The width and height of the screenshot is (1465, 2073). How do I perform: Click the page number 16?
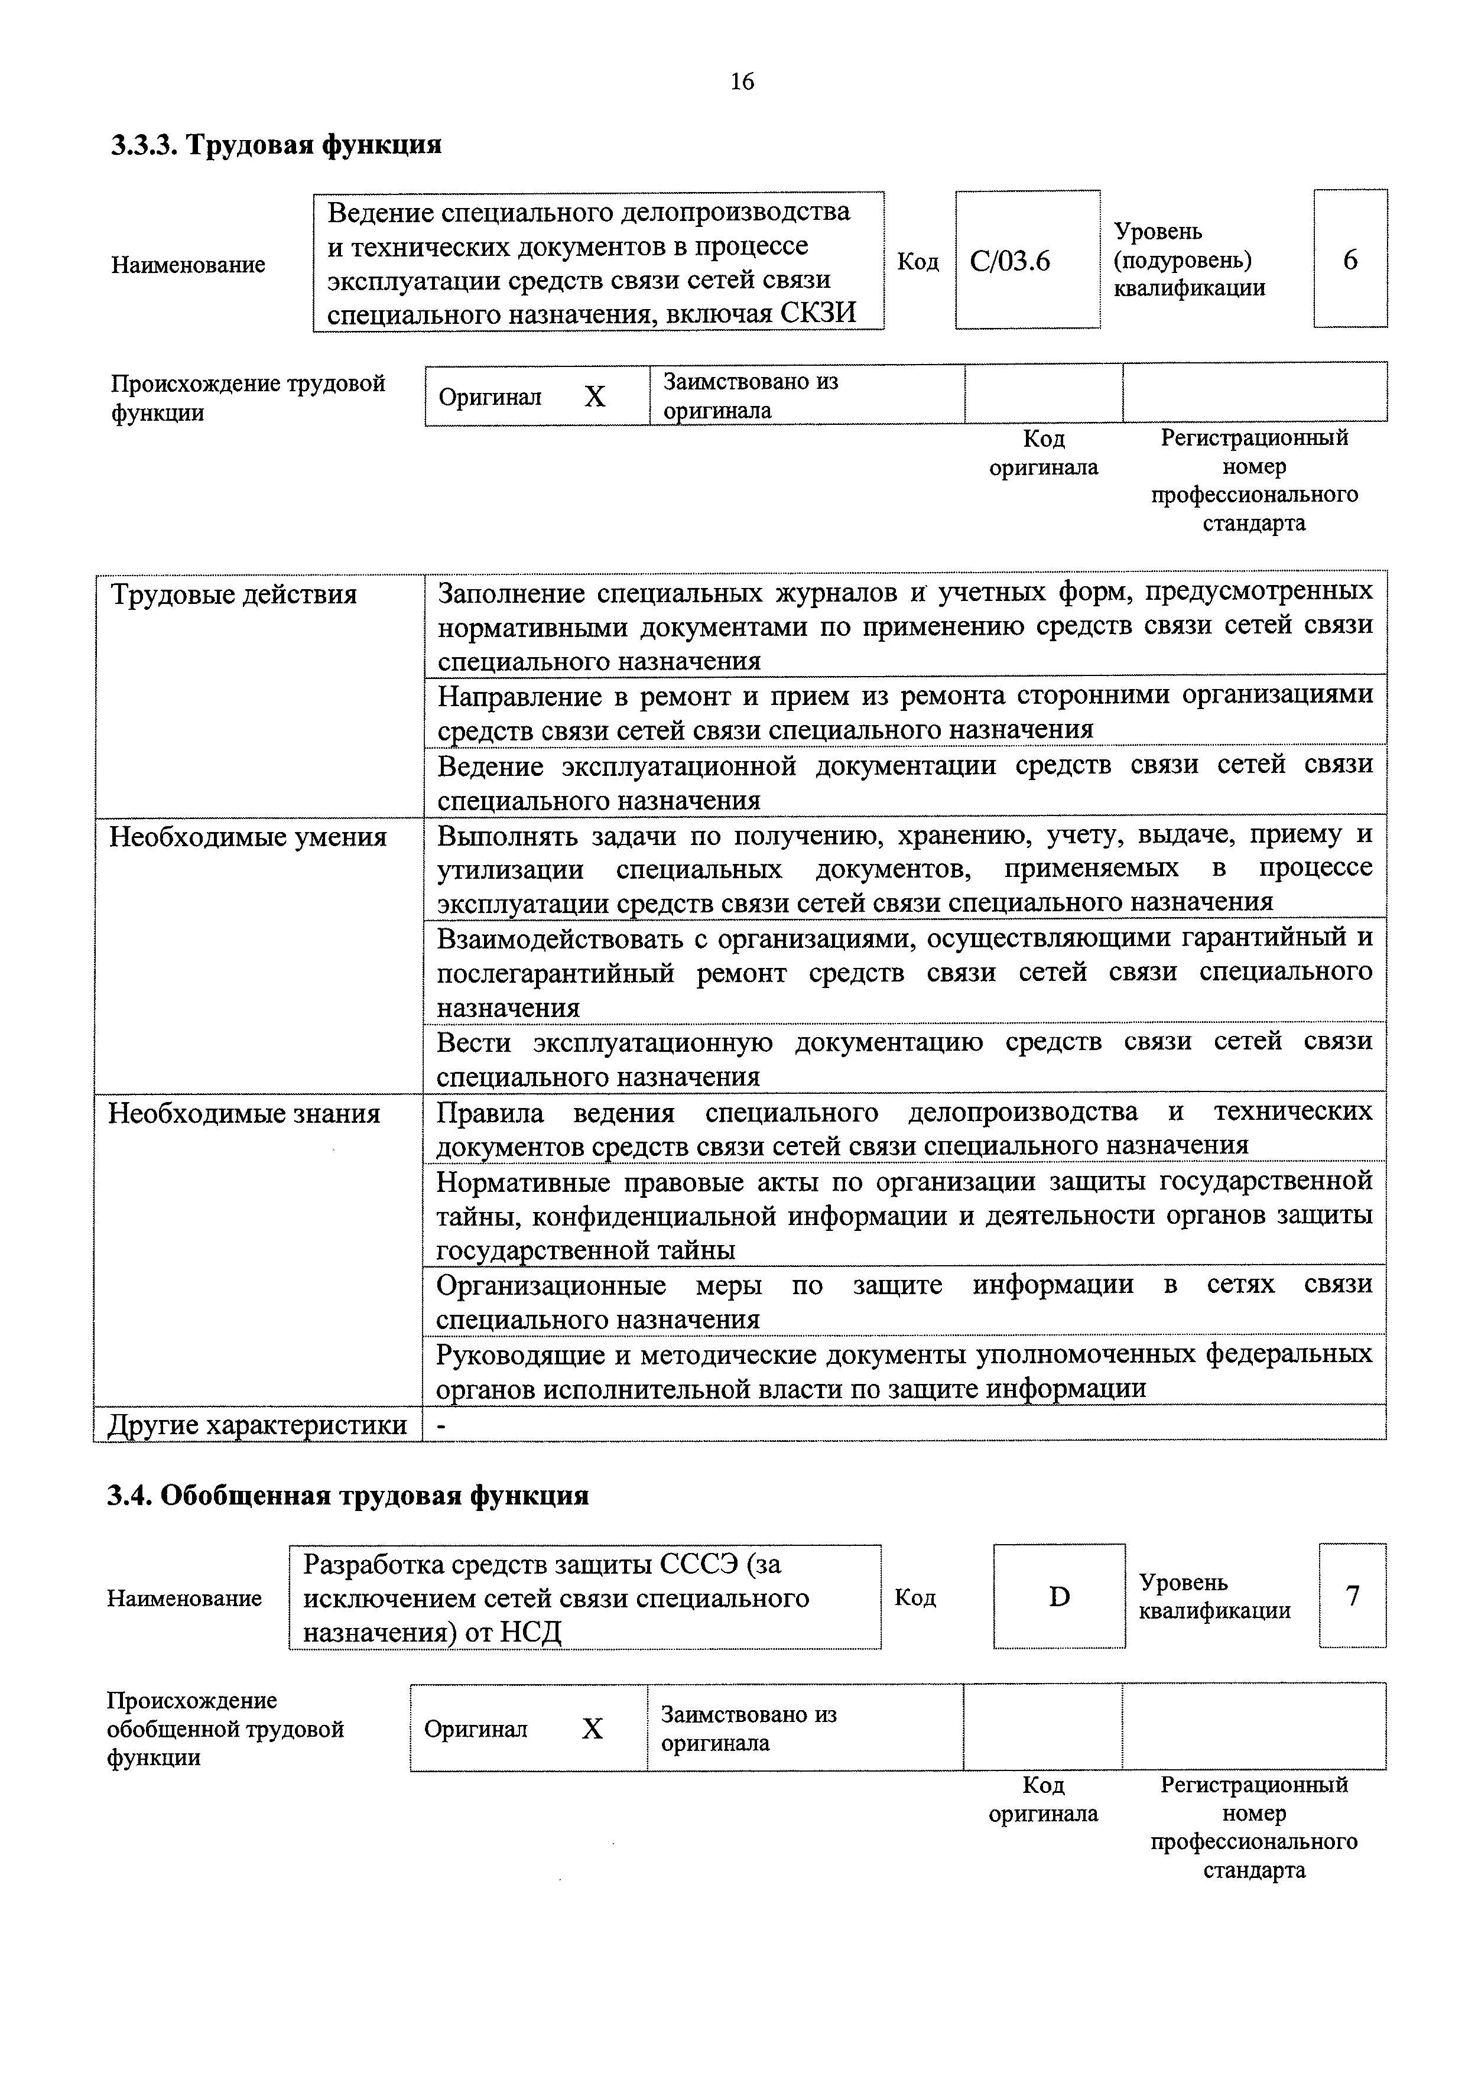click(741, 82)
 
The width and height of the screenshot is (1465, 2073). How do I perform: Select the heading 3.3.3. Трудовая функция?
click(276, 144)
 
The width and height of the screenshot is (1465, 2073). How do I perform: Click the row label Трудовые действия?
click(233, 595)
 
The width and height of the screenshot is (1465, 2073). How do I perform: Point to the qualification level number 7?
click(1352, 1596)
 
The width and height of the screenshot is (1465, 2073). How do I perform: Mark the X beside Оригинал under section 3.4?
click(592, 1728)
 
